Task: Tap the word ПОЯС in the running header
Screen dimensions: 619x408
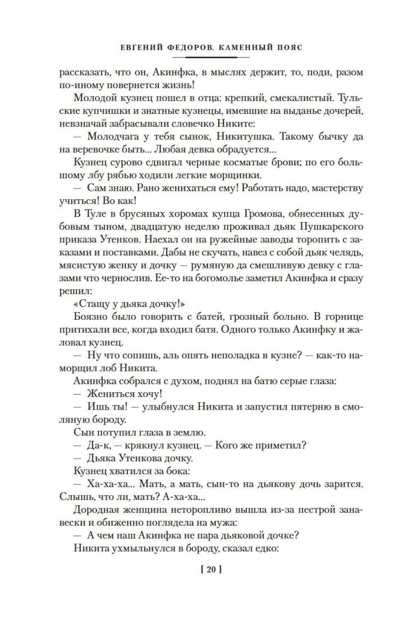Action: click(x=287, y=47)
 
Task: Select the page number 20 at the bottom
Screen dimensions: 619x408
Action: click(x=211, y=570)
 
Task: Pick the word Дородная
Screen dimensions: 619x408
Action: click(x=96, y=510)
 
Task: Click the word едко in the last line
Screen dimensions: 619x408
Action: click(x=266, y=548)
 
